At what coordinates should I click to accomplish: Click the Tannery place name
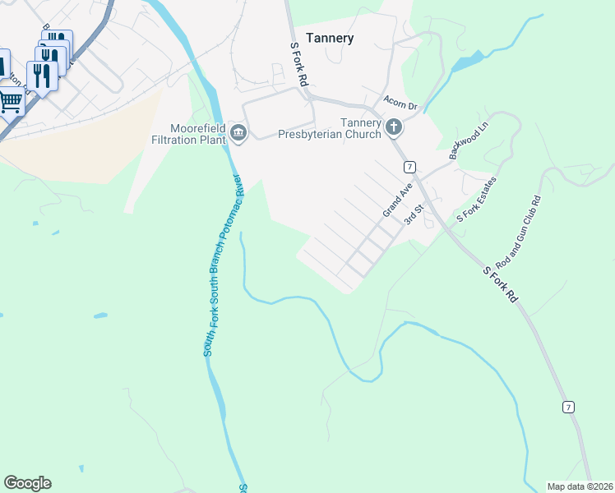[330, 38]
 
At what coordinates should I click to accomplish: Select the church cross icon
[394, 127]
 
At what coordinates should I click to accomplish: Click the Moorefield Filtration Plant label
[197, 133]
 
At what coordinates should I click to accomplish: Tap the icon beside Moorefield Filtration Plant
[238, 132]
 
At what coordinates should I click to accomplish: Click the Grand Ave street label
[397, 200]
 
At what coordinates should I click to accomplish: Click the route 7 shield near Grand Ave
[409, 167]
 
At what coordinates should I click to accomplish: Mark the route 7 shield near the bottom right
[567, 407]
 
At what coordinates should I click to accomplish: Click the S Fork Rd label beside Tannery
[298, 65]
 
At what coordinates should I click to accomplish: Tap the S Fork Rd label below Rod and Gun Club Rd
[500, 284]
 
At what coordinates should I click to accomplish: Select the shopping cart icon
[10, 103]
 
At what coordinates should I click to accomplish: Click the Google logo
[27, 483]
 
